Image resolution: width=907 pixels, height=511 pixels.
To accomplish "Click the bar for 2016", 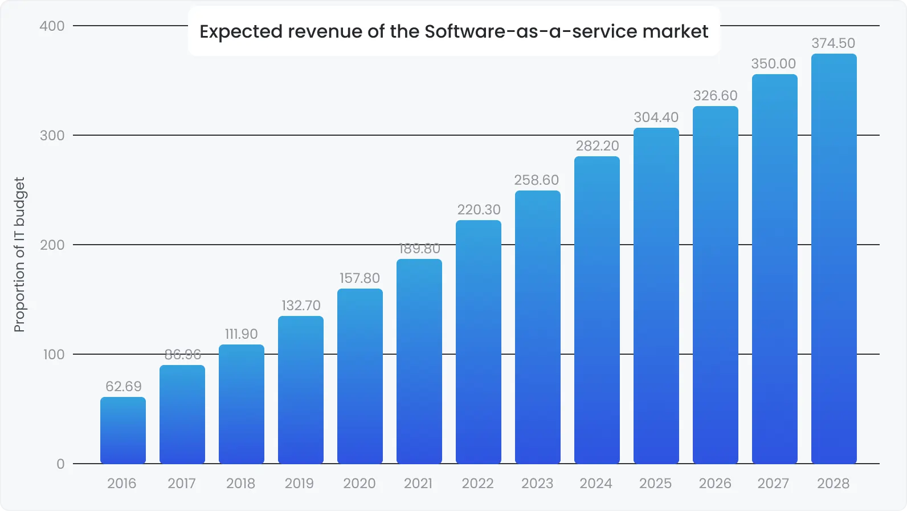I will point(123,431).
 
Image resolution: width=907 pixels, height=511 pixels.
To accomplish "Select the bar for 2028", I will point(834,259).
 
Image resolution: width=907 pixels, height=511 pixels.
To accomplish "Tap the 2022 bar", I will point(479,342).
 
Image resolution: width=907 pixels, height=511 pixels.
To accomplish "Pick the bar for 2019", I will point(301,390).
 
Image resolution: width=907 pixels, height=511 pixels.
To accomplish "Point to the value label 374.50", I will point(833,43).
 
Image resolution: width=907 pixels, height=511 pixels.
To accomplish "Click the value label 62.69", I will point(123,387).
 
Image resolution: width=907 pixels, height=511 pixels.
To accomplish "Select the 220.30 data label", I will point(479,210).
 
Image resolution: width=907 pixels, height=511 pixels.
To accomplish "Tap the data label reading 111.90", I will point(241,334).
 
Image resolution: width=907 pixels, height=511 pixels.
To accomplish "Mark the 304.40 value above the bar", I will point(656,117).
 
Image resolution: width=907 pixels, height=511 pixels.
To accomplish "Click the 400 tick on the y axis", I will point(52,26).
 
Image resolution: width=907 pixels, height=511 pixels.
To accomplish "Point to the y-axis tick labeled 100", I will point(54,355).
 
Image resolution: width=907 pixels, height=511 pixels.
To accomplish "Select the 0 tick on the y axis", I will point(60,464).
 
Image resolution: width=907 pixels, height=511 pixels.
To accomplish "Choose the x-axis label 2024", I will point(596,484).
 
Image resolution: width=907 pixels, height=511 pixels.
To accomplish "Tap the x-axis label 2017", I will point(182,484).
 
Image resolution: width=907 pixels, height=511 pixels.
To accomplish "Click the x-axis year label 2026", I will point(715,484).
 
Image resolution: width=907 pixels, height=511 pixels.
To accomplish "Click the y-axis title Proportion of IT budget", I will point(19,254).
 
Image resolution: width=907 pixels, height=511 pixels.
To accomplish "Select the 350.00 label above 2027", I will point(773,64).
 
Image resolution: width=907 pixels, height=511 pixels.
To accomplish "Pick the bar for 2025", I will point(656,297).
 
